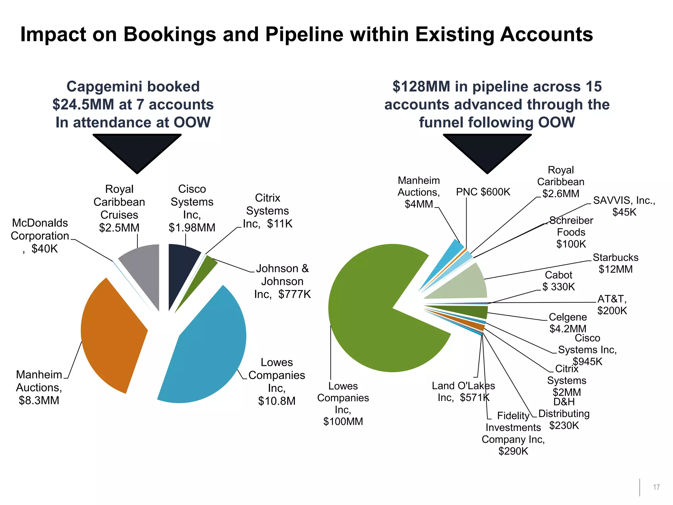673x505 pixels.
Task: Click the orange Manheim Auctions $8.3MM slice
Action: pos(112,332)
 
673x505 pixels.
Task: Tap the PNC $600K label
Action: pos(483,192)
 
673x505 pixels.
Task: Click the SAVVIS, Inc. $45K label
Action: pos(624,206)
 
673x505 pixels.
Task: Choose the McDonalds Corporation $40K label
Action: pos(40,236)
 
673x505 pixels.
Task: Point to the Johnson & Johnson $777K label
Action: pos(282,281)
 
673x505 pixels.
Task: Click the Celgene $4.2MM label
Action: pos(568,323)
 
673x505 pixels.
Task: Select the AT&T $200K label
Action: pos(612,304)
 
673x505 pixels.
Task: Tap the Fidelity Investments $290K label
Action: pos(513,433)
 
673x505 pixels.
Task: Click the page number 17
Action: pos(656,487)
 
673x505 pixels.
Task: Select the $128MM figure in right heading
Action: pos(421,87)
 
